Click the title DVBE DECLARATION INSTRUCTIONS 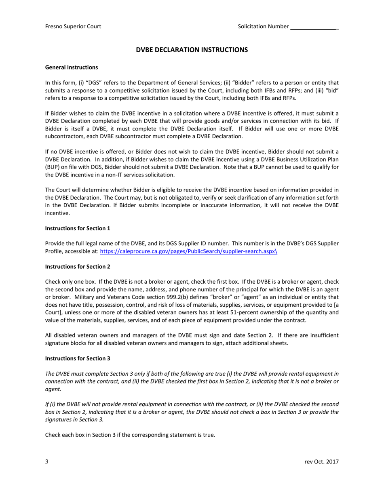point(192,50)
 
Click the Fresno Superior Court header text point(73,27)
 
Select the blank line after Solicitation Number point(314,27)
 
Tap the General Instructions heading point(71,67)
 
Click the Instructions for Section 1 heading point(78,228)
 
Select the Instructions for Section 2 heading point(78,266)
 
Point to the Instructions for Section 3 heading point(78,358)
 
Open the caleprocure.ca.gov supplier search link point(188,251)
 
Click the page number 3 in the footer point(47,462)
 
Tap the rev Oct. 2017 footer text point(322,462)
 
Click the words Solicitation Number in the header point(263,27)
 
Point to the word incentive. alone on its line point(57,213)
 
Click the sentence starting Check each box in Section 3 point(130,435)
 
